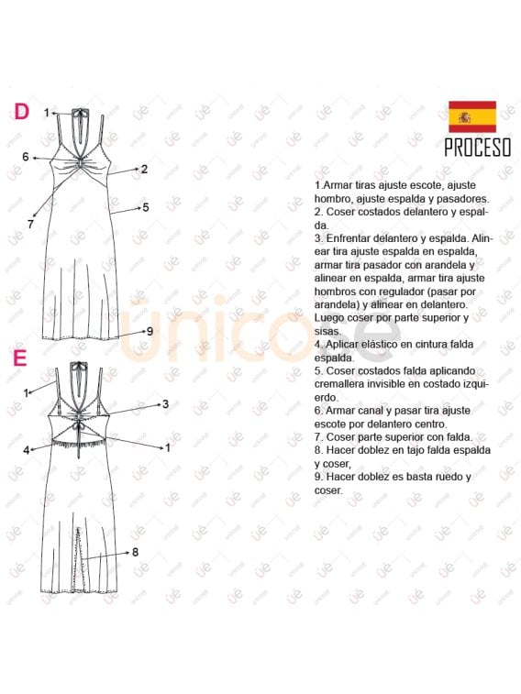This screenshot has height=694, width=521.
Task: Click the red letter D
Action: pyautogui.click(x=21, y=111)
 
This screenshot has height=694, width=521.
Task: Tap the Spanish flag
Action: pyautogui.click(x=472, y=116)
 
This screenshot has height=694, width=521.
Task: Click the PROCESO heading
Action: pyautogui.click(x=478, y=147)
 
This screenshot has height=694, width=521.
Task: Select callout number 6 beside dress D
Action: pyautogui.click(x=27, y=157)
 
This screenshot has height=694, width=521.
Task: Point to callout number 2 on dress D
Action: pyautogui.click(x=144, y=169)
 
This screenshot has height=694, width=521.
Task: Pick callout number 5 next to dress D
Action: pyautogui.click(x=145, y=207)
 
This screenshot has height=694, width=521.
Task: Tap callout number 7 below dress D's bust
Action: pyautogui.click(x=30, y=224)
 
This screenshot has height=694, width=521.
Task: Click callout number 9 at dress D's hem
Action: pyautogui.click(x=149, y=331)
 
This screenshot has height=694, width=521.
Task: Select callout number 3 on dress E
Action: pyautogui.click(x=165, y=403)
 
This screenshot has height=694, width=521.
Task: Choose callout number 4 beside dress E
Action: pyautogui.click(x=27, y=449)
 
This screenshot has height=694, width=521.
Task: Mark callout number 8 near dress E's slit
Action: pyautogui.click(x=135, y=552)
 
